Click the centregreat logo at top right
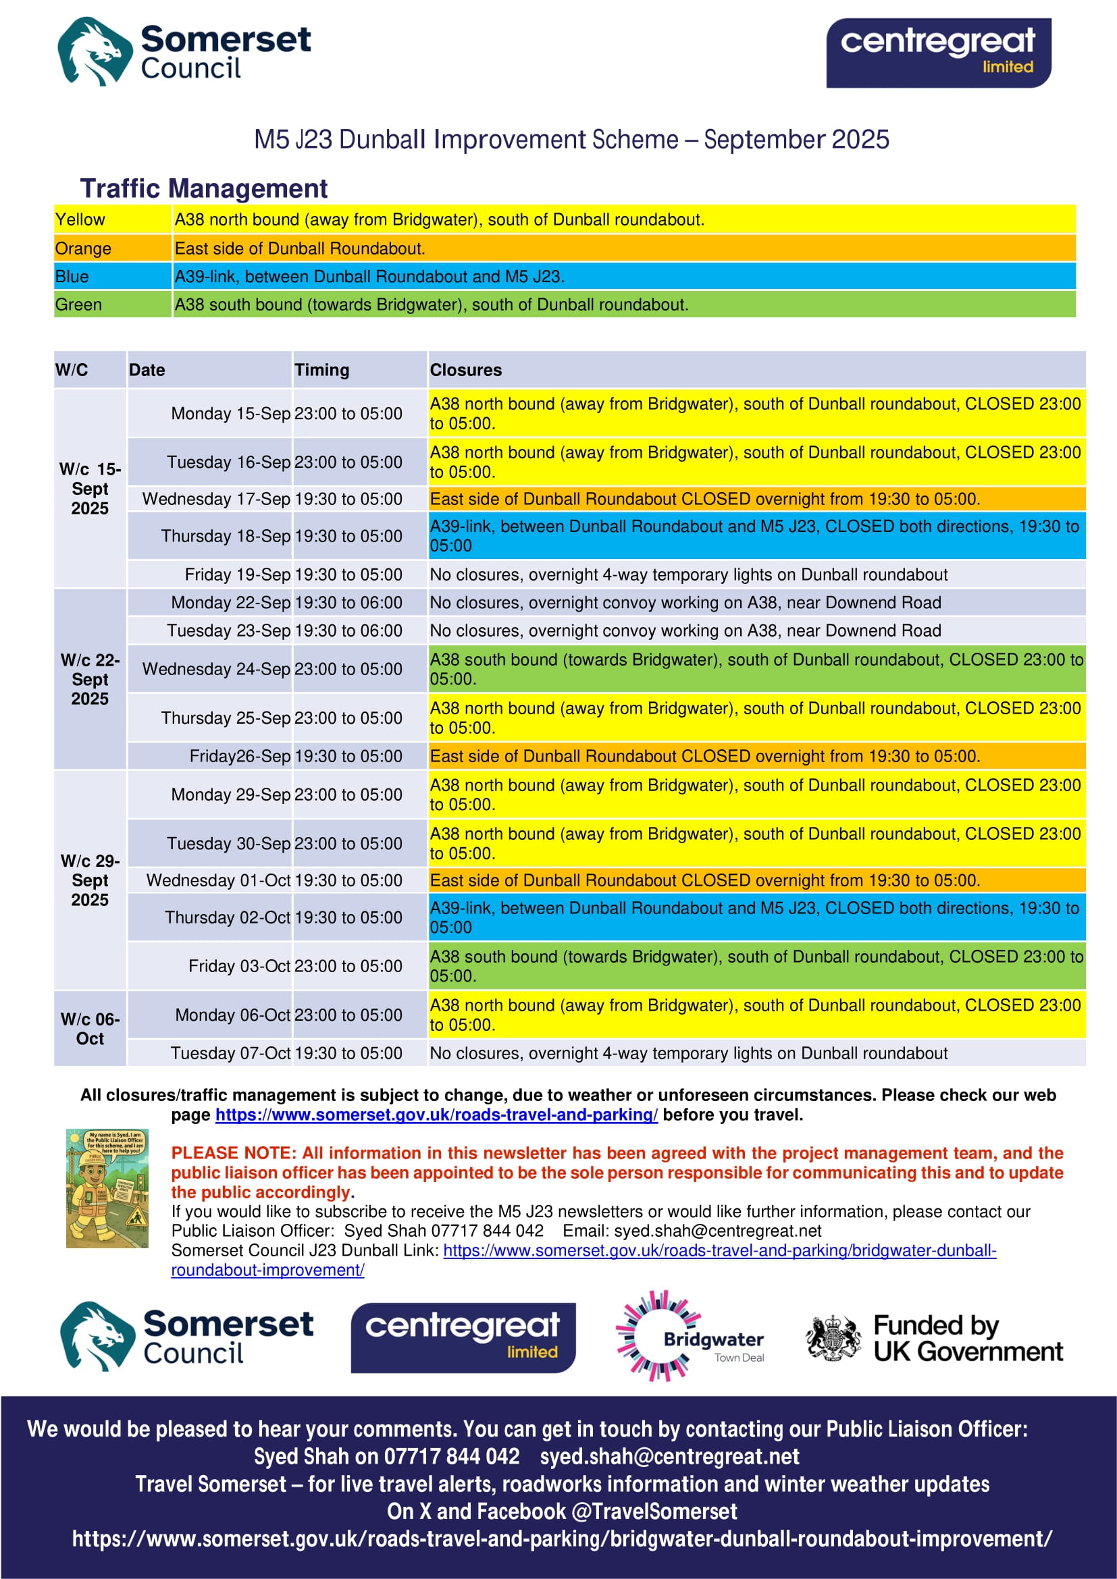938,53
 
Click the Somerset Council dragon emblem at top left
95,51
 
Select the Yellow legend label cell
112,219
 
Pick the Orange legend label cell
112,248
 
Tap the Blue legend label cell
112,277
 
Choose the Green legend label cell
112,304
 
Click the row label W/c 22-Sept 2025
90,680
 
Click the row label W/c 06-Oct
90,1029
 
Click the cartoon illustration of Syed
107,1187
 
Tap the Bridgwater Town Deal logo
690,1337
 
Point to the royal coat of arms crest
833,1337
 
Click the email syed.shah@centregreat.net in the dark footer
669,1457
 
